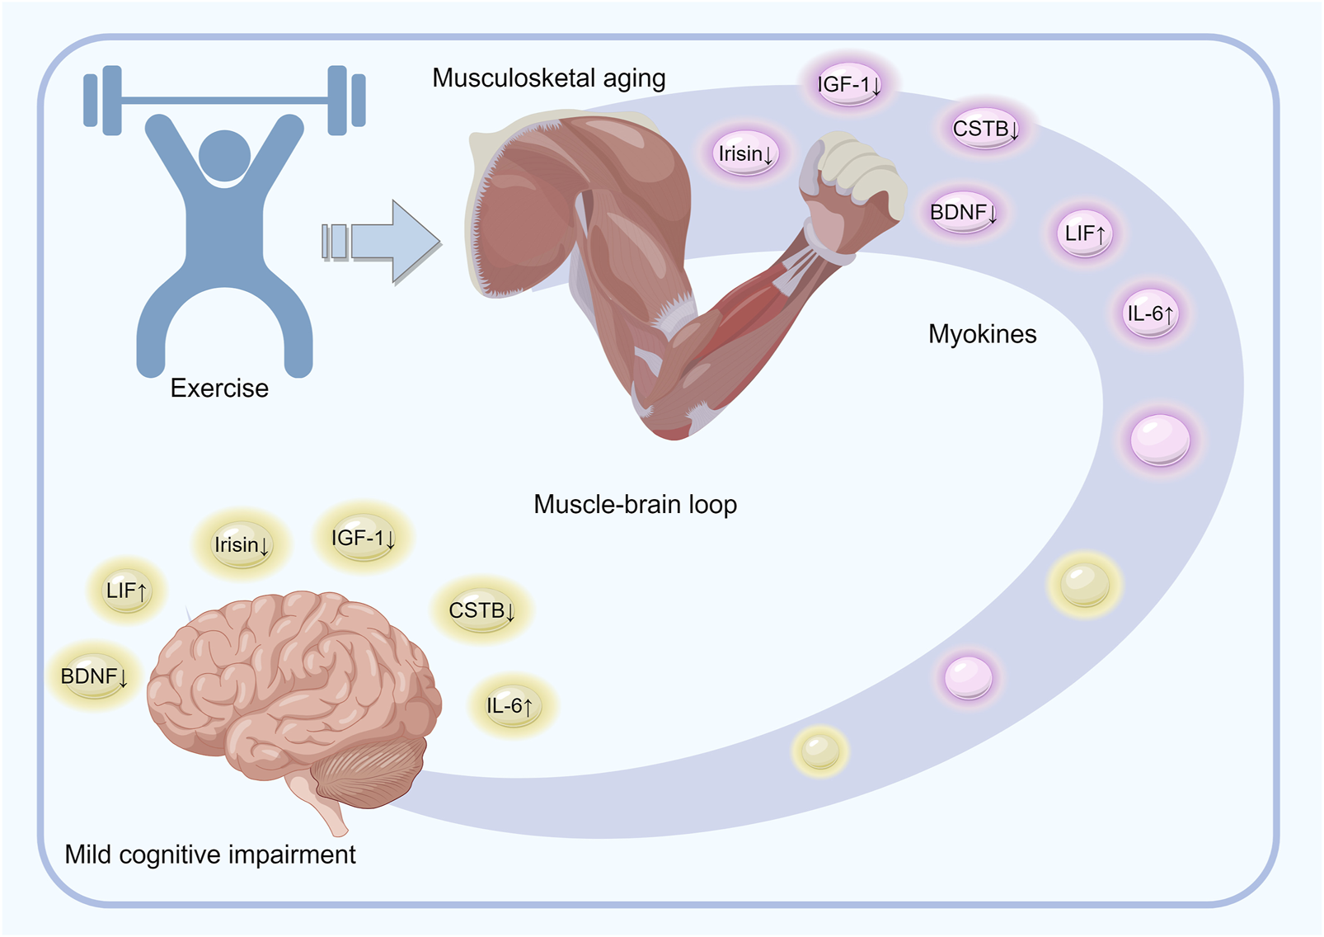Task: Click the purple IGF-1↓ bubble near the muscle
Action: (x=848, y=83)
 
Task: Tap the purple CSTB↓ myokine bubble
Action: (x=985, y=129)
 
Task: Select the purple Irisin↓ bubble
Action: (x=745, y=153)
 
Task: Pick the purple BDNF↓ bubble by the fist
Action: (x=962, y=212)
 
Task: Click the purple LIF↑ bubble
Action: (x=1084, y=233)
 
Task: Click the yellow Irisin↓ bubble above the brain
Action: (x=241, y=544)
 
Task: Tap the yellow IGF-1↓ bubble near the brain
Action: (x=363, y=538)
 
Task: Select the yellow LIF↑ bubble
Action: (x=126, y=591)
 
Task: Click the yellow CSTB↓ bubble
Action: (x=481, y=610)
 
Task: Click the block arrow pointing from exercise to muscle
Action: (x=381, y=242)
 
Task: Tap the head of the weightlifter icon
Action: (x=224, y=155)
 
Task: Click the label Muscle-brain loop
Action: (x=635, y=504)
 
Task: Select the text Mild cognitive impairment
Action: (x=210, y=855)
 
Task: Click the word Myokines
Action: (x=982, y=334)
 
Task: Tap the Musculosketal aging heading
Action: (x=548, y=78)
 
